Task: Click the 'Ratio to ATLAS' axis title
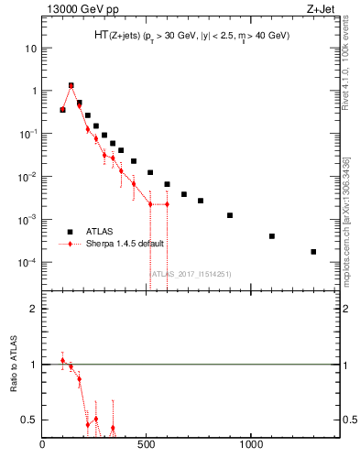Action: (14, 365)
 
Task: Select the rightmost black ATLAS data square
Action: (313, 252)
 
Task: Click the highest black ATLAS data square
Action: (71, 86)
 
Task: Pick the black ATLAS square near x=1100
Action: (272, 236)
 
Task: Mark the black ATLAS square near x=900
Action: (230, 215)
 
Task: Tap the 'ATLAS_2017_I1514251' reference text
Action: (191, 273)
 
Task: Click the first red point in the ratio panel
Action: (62, 360)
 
